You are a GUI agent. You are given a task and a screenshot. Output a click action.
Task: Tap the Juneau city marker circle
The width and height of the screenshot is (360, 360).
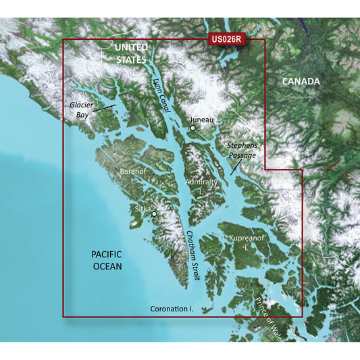[x=193, y=128]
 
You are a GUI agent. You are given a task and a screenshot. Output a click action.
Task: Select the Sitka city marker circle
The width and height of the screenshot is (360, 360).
[x=154, y=214]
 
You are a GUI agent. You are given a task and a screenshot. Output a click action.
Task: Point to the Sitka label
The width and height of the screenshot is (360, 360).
[x=143, y=210]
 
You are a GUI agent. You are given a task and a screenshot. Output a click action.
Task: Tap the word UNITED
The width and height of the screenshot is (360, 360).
[x=131, y=47]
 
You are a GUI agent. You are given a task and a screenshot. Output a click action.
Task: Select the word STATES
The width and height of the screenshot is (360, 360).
[x=130, y=59]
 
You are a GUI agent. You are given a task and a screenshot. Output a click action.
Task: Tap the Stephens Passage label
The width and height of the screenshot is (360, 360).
[x=242, y=150]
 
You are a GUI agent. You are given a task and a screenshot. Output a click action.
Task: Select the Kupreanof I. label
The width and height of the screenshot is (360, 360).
[x=240, y=244]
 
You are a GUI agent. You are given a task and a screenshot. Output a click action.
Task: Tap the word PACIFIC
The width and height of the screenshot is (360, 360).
[x=107, y=254]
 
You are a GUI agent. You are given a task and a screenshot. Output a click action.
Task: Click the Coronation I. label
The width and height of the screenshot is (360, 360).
[x=172, y=309]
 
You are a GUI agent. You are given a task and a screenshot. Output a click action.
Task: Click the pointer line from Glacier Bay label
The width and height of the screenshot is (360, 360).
[x=105, y=106]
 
